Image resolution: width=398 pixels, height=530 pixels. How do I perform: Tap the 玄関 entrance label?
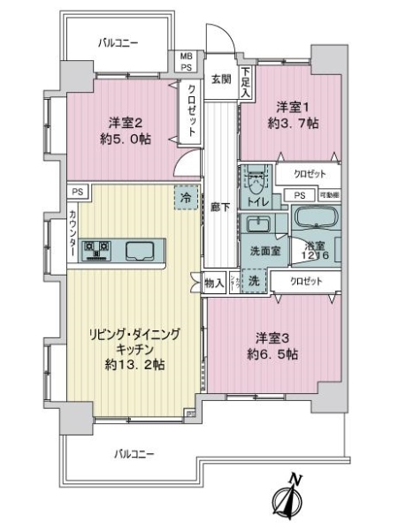[x=220, y=79]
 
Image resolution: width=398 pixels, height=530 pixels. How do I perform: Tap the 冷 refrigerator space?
[x=186, y=198]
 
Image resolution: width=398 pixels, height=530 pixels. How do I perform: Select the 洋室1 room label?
[x=288, y=103]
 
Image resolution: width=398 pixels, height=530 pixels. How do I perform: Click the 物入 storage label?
[x=214, y=283]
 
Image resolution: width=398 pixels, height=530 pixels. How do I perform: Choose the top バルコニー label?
[x=118, y=42]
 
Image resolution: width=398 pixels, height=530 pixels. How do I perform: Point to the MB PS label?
[x=187, y=60]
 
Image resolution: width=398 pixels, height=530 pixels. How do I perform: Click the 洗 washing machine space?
[x=253, y=282]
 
